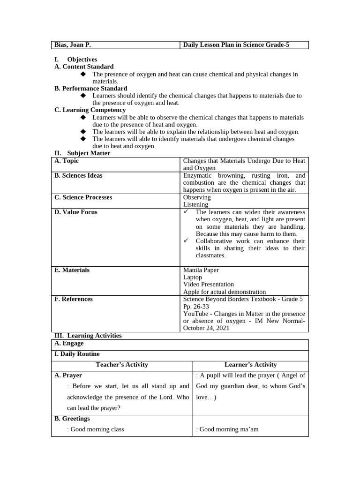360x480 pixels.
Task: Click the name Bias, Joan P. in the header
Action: (73, 45)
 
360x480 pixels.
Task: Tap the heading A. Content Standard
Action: (84, 67)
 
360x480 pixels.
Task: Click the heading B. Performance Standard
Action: (91, 89)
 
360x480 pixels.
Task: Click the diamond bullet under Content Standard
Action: (83, 75)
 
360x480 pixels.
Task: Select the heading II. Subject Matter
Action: (82, 153)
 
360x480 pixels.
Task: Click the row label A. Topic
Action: (67, 161)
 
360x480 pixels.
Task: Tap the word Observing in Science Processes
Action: (197, 197)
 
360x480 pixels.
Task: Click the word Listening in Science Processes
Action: (196, 205)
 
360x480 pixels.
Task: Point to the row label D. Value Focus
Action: (76, 212)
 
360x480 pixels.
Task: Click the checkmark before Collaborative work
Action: (186, 241)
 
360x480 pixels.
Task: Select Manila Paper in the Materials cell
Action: (201, 270)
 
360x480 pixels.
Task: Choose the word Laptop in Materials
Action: (193, 277)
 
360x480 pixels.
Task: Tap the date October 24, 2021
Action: (206, 328)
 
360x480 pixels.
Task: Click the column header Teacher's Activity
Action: (122, 365)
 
